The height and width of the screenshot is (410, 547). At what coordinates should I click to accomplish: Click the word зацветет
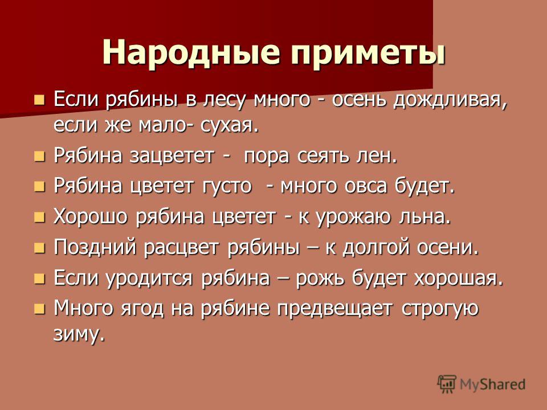tap(172, 156)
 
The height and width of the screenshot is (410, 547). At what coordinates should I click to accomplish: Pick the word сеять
tap(323, 156)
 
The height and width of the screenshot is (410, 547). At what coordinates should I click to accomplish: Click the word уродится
tap(149, 278)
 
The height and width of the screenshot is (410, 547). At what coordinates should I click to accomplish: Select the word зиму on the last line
tap(79, 334)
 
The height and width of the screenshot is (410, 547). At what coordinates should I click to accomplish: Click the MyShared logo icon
tap(447, 384)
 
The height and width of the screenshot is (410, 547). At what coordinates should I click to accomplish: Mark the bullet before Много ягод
tap(40, 309)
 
